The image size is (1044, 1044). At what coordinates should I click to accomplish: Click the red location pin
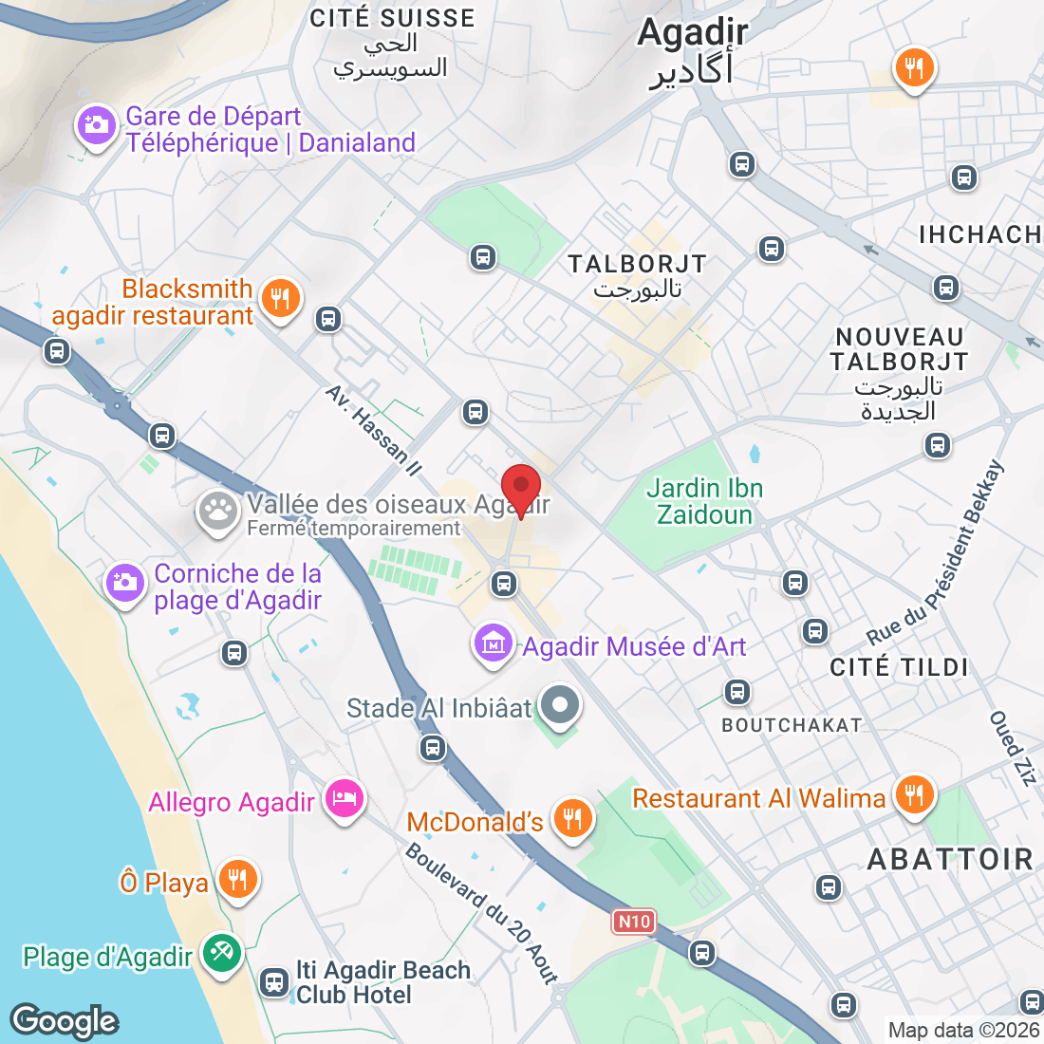pyautogui.click(x=521, y=488)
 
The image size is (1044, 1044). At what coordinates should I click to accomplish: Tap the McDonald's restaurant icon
pyautogui.click(x=572, y=817)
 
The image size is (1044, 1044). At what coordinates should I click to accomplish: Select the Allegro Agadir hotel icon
pyautogui.click(x=344, y=799)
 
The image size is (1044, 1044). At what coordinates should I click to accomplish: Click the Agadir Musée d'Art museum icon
pyautogui.click(x=493, y=644)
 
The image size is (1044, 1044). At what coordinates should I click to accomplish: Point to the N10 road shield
pyautogui.click(x=634, y=922)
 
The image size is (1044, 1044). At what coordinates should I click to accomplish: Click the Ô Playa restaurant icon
pyautogui.click(x=236, y=880)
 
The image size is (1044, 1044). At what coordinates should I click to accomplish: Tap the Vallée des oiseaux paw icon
pyautogui.click(x=218, y=513)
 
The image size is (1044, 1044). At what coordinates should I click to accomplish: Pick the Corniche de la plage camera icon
pyautogui.click(x=124, y=583)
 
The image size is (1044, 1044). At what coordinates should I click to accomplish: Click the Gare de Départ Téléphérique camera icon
pyautogui.click(x=96, y=124)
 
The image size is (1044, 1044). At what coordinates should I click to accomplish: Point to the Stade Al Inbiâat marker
pyautogui.click(x=559, y=705)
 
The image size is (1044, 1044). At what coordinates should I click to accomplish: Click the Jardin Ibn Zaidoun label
pyautogui.click(x=704, y=501)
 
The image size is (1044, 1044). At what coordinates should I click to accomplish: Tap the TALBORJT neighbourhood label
pyautogui.click(x=637, y=264)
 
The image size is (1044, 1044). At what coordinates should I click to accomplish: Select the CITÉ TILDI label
pyautogui.click(x=899, y=667)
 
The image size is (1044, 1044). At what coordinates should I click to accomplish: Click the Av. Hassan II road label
pyautogui.click(x=373, y=430)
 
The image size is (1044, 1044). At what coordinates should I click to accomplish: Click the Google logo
pyautogui.click(x=65, y=1021)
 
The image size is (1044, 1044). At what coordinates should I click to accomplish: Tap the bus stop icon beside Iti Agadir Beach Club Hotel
pyautogui.click(x=275, y=982)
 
